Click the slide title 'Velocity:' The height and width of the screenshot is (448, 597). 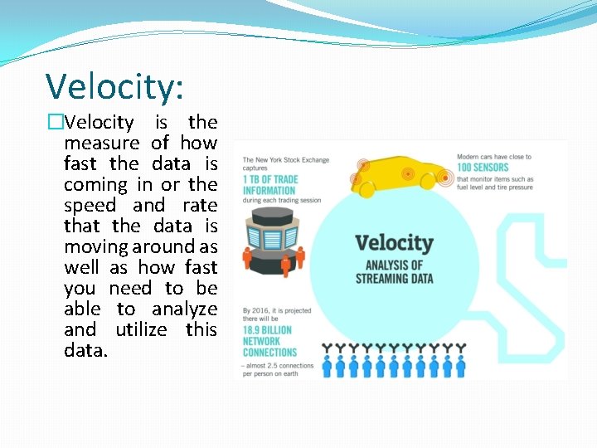115,86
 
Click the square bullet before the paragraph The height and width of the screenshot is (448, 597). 56,123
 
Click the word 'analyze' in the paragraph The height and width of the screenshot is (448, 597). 184,309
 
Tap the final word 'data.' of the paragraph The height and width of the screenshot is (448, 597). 85,351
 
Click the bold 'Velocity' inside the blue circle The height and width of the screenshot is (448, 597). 394,244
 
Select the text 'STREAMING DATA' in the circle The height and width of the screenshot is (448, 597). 394,279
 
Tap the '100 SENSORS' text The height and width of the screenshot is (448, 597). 483,168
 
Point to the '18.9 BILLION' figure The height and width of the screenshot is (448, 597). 267,330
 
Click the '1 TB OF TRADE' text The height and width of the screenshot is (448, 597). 271,180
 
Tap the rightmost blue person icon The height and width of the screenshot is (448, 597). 460,368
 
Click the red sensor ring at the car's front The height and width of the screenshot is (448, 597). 445,177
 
